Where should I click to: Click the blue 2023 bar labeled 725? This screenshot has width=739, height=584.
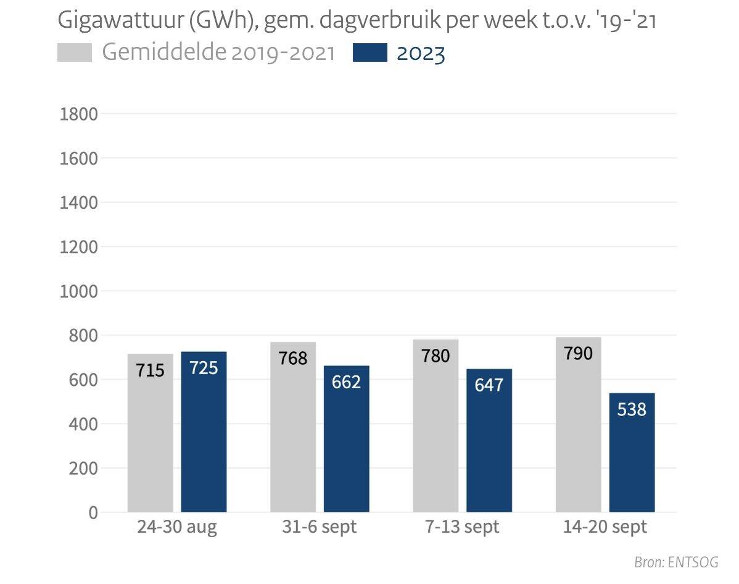[x=204, y=432]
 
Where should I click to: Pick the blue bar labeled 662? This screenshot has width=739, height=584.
[x=346, y=439]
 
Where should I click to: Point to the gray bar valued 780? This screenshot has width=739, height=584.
[x=436, y=426]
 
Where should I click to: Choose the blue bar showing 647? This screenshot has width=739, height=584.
[x=489, y=441]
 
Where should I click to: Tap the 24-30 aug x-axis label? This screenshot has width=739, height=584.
[x=177, y=528]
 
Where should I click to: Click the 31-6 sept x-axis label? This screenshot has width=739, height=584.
[x=320, y=528]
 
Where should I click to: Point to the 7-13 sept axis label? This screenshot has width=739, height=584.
[x=462, y=528]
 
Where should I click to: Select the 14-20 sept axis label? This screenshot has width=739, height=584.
[x=605, y=528]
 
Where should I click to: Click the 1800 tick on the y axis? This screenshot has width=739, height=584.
[x=79, y=114]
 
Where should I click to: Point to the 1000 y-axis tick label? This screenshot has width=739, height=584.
[x=79, y=291]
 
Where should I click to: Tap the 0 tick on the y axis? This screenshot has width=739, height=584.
[x=93, y=513]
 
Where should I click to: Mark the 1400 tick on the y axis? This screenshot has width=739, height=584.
[x=79, y=202]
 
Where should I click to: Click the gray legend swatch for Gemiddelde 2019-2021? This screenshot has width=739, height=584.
[x=74, y=53]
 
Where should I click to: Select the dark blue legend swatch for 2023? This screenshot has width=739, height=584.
[x=370, y=53]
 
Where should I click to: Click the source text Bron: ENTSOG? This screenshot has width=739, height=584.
[x=676, y=562]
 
